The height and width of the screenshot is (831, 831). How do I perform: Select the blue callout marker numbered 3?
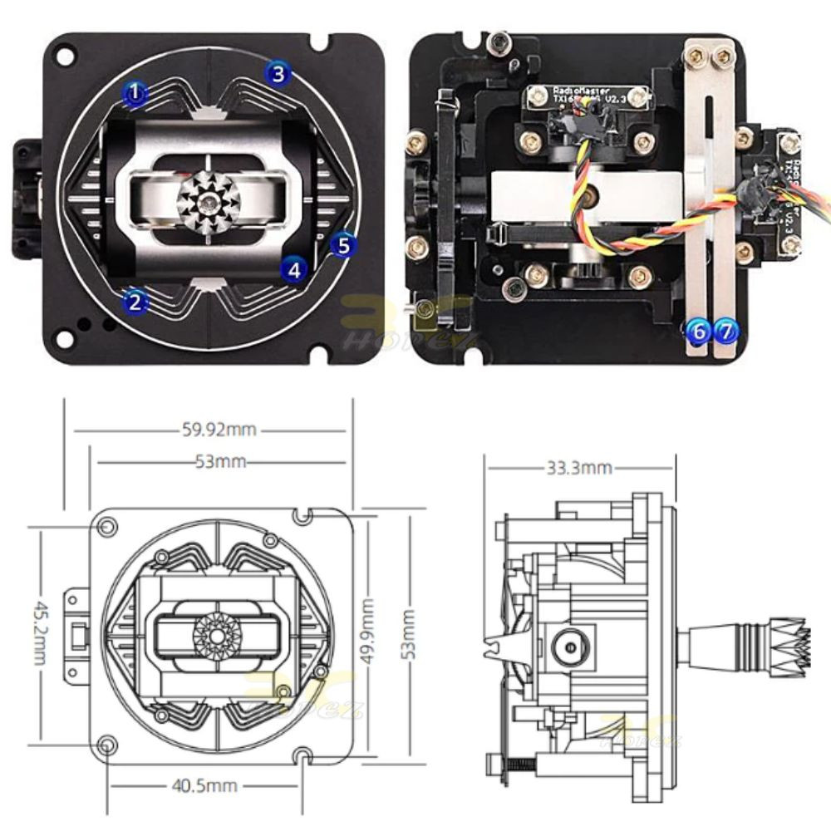(278, 73)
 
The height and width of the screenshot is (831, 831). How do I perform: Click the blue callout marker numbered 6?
(698, 331)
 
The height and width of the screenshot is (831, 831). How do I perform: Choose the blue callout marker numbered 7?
(725, 331)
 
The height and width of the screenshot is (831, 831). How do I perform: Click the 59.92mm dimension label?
(219, 430)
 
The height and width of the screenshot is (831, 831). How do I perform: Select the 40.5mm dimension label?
(204, 785)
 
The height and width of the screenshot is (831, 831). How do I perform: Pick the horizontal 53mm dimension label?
(220, 462)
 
